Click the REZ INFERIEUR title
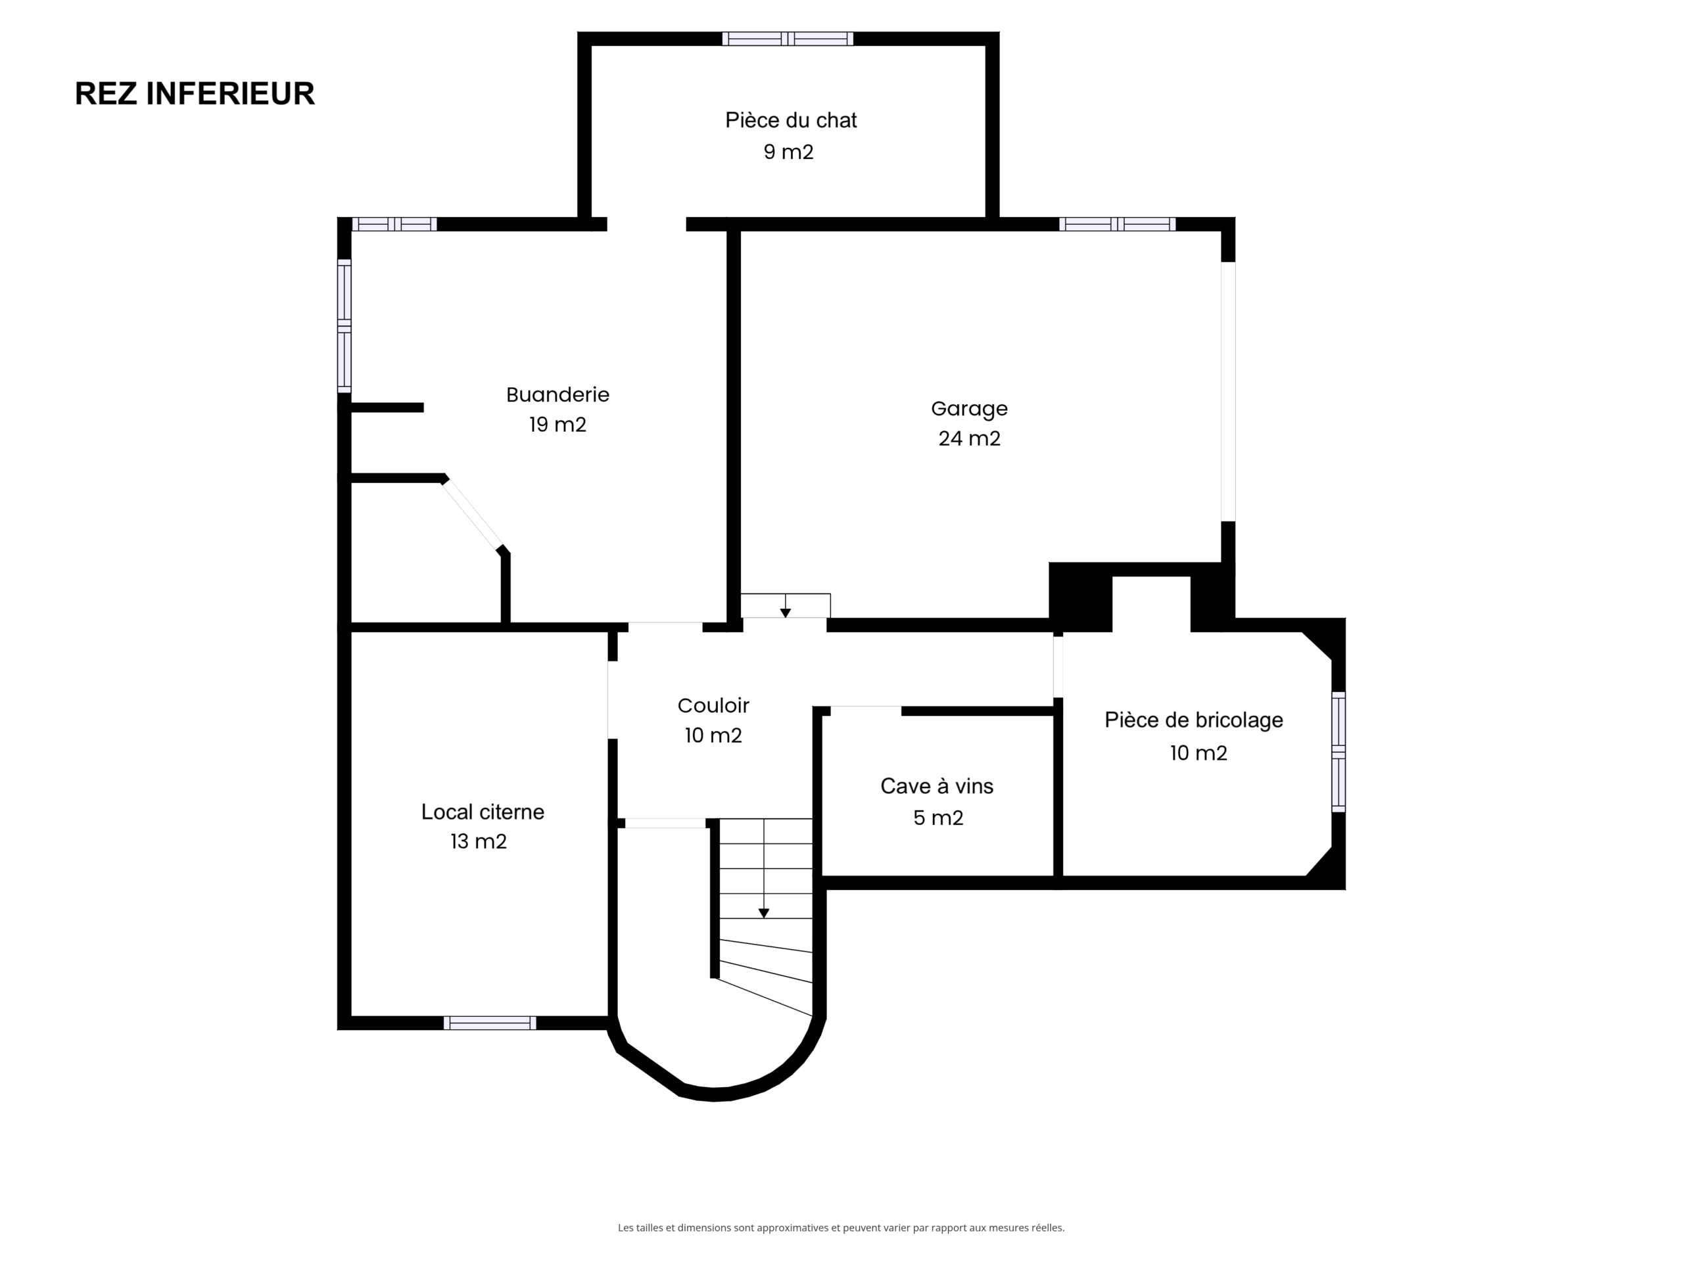point(195,93)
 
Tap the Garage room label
point(969,408)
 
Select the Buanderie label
point(557,395)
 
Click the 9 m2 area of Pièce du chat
point(789,152)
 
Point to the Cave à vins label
point(937,786)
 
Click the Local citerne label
point(483,812)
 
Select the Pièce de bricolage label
point(1194,720)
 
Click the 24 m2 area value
point(969,439)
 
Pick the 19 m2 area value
point(557,425)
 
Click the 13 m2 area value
point(479,841)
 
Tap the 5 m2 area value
point(938,818)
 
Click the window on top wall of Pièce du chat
point(788,39)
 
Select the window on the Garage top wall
point(1117,224)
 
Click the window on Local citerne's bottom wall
point(490,1023)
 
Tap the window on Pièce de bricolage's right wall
point(1339,751)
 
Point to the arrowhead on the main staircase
point(764,914)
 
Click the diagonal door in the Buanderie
point(473,513)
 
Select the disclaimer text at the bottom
point(841,1228)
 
